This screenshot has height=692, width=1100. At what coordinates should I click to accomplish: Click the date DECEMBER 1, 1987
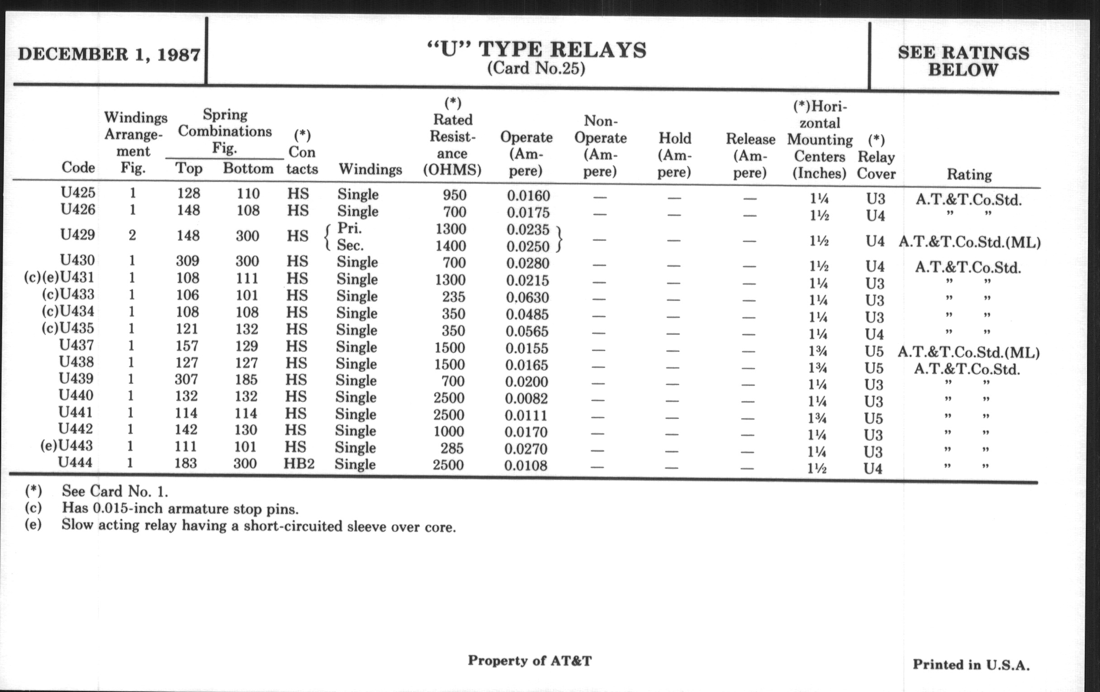[x=109, y=54]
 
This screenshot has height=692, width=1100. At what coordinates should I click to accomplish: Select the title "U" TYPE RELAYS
[x=537, y=49]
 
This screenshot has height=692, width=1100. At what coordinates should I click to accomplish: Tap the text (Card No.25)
[x=536, y=68]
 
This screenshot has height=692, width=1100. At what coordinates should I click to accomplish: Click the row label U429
[x=78, y=235]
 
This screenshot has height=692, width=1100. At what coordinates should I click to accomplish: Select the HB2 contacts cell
[x=299, y=464]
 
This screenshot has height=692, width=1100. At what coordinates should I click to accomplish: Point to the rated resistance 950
[x=454, y=195]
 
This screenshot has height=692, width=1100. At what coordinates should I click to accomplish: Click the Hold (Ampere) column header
[x=674, y=155]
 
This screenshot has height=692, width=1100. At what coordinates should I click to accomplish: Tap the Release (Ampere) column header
[x=750, y=155]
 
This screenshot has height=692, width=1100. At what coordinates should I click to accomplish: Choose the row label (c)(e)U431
[x=59, y=277]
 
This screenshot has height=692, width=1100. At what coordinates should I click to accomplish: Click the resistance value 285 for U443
[x=452, y=448]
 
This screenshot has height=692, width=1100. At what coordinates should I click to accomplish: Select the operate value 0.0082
[x=526, y=398]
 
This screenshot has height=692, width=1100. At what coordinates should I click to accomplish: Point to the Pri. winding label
[x=350, y=228]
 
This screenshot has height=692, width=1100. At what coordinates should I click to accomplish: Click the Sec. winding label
[x=350, y=245]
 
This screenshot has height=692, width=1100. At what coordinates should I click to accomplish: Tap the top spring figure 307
[x=186, y=379]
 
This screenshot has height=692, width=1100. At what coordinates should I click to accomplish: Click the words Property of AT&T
[x=530, y=660]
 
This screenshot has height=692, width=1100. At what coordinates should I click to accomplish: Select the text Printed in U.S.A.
[x=971, y=664]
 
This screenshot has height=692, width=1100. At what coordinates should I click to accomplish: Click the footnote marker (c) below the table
[x=33, y=507]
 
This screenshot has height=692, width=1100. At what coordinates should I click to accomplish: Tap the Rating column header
[x=969, y=174]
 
